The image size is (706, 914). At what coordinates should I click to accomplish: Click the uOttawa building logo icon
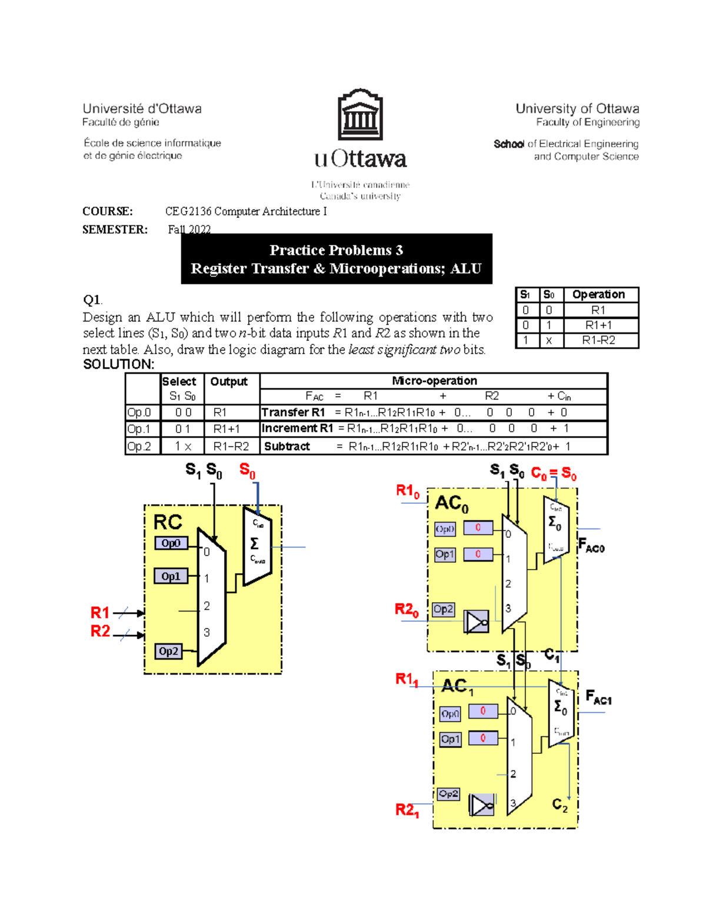pos(360,115)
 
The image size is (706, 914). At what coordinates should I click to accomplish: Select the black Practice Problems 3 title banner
pos(336,259)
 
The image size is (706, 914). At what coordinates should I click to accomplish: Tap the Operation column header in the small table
pos(598,294)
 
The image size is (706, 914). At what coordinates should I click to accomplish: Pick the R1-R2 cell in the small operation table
pos(598,340)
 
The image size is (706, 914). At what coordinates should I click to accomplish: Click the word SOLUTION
pos(118,364)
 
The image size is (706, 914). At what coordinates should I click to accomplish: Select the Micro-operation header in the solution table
pos(434,381)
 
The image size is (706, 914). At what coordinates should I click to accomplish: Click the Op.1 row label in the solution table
pos(139,429)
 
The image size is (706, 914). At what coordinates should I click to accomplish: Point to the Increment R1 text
pos(297,428)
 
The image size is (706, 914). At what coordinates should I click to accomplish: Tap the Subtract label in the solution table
pos(287,446)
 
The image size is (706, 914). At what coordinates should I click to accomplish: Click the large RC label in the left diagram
pos(168,522)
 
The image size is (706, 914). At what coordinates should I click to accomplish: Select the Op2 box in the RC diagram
pos(168,651)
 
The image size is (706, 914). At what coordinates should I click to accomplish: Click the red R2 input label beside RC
pos(100,632)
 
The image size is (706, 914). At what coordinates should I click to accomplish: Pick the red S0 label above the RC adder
pos(247,471)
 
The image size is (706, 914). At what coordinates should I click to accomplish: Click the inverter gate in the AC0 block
pos(476,621)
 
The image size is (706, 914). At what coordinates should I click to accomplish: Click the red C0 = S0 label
pos(553,473)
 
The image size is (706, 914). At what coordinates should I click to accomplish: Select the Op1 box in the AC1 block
pos(450,739)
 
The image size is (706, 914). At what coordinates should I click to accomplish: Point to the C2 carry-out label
pos(560,805)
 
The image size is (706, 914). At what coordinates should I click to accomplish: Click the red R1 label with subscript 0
pos(407,491)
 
